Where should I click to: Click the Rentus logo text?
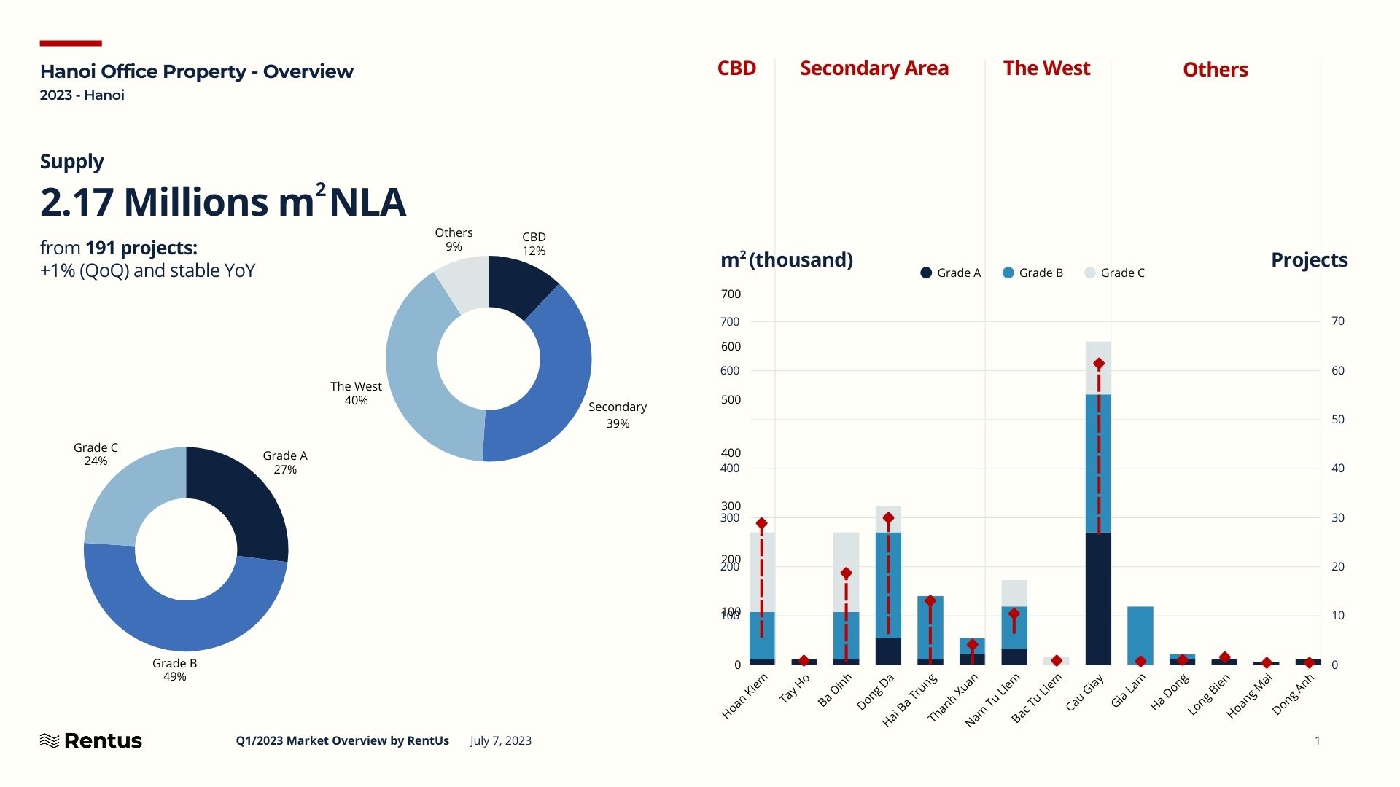[102, 740]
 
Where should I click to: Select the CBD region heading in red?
[736, 68]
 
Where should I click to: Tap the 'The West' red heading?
[1046, 68]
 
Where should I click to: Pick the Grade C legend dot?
[1090, 273]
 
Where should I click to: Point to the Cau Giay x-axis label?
[1085, 692]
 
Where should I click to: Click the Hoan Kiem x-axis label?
[745, 696]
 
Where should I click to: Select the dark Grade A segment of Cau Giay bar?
[1098, 598]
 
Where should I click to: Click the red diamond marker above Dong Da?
[888, 518]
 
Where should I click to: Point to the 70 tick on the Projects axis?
[1338, 321]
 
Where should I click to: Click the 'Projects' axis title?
[1309, 260]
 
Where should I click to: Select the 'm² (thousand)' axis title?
[786, 260]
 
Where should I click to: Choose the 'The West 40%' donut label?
[356, 393]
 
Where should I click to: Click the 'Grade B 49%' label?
[174, 670]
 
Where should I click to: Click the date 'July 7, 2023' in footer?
[501, 740]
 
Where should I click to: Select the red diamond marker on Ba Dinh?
[846, 573]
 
